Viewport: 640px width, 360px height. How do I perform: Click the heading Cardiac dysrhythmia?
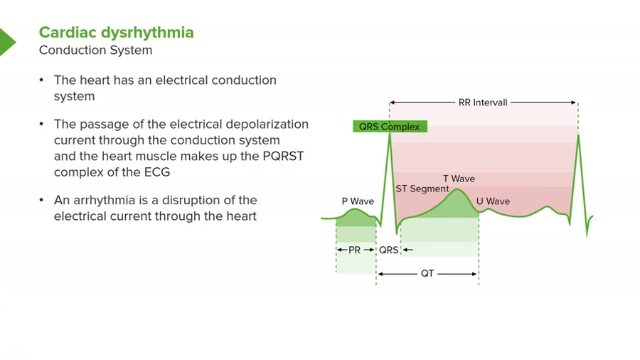tap(116, 33)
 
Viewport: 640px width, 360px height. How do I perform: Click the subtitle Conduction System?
tap(95, 51)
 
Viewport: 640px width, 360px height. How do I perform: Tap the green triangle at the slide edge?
tap(6, 42)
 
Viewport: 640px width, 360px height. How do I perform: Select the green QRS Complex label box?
tap(390, 127)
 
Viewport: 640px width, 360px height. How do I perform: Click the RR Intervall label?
tap(483, 102)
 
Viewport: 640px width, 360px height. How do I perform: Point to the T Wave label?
tap(459, 179)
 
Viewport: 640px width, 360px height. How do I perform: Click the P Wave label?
tap(358, 201)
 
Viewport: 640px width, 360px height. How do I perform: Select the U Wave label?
tap(493, 201)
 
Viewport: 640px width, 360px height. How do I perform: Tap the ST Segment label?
tap(422, 189)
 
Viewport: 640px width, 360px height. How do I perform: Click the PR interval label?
tap(355, 250)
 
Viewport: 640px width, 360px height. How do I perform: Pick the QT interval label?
tap(427, 274)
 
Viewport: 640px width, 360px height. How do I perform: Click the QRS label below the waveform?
tap(388, 250)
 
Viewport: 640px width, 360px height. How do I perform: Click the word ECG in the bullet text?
tap(157, 172)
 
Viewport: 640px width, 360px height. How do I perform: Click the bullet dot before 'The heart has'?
tap(43, 80)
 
